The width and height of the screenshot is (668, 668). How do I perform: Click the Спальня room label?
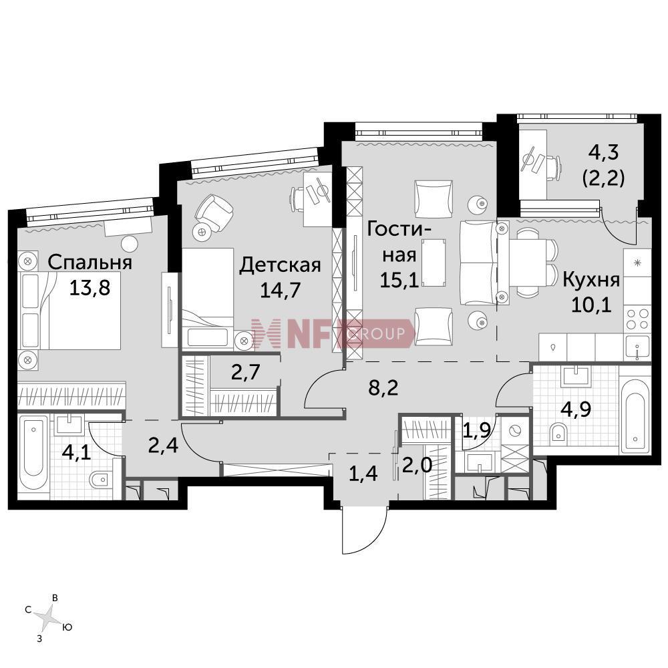point(90,263)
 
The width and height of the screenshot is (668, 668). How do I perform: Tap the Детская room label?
point(280,265)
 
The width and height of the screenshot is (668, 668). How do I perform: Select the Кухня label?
point(591,281)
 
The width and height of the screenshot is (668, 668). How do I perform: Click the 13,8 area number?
point(90,288)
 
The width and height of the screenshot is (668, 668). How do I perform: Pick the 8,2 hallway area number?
point(383,388)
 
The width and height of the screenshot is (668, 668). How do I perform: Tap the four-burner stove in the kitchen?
point(637,319)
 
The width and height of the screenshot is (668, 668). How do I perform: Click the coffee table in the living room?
point(434,263)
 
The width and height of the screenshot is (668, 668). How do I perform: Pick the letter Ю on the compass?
point(67,627)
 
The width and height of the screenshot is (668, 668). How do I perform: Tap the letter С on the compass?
point(28,610)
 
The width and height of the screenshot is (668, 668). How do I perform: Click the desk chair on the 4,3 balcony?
point(552,165)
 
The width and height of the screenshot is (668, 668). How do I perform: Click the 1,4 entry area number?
point(363,474)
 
